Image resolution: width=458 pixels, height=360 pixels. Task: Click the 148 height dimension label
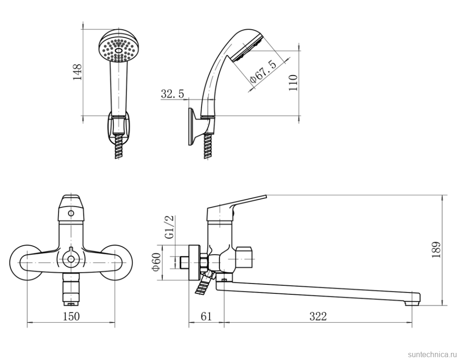(77, 72)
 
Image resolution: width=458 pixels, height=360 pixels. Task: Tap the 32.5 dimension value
(173, 94)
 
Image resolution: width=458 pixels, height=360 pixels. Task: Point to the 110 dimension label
(293, 82)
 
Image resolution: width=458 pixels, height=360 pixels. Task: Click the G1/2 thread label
(170, 227)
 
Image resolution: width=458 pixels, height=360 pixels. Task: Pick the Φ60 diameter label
(157, 262)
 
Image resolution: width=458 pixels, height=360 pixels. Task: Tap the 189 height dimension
(436, 250)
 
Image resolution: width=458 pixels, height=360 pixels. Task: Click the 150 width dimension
(71, 316)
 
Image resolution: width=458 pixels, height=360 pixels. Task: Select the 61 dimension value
(206, 316)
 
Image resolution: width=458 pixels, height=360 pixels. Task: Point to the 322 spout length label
(318, 316)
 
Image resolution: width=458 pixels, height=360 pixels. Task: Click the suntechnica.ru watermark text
(433, 354)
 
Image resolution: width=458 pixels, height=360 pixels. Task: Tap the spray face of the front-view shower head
(119, 50)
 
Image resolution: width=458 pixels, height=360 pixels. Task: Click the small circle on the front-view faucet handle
(71, 213)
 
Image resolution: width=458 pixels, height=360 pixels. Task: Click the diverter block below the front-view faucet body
(71, 289)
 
